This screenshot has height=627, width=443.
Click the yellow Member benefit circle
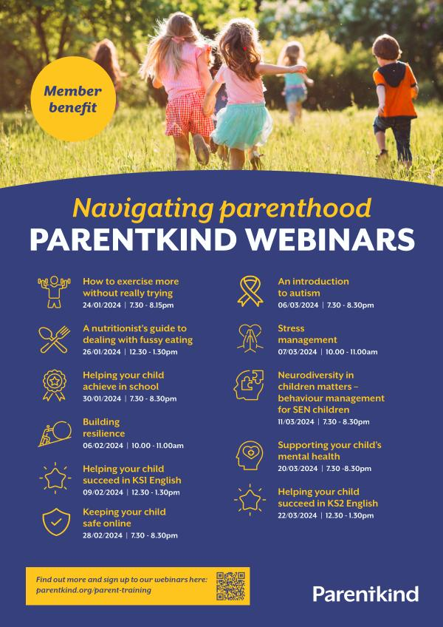[73, 99]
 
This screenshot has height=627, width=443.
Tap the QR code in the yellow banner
[231, 586]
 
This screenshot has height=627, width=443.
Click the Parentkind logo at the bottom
[365, 594]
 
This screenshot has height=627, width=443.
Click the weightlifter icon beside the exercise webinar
[55, 291]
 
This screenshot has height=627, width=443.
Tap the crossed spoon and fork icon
[55, 339]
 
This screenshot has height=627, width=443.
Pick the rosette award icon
[55, 385]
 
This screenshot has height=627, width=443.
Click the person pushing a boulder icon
[55, 433]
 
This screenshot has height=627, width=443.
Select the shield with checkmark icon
[56, 522]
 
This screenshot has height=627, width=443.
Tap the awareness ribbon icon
[250, 291]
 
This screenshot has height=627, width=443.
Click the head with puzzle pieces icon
[249, 385]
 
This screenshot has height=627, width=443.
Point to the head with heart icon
[250, 456]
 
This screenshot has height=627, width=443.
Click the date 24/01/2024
[102, 305]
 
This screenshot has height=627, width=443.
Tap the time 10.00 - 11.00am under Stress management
[352, 352]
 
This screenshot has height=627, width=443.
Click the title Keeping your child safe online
[124, 518]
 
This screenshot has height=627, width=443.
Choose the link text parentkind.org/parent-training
[94, 590]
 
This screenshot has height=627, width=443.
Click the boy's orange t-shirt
[395, 92]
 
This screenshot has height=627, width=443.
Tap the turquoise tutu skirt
[242, 126]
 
